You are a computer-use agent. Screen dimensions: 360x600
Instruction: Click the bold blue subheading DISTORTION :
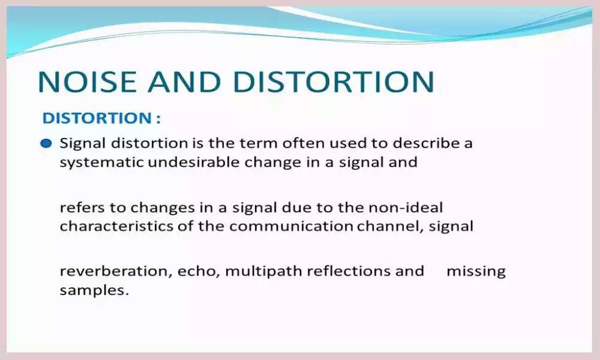click(x=101, y=118)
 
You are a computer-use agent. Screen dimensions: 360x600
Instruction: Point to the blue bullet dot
click(x=46, y=144)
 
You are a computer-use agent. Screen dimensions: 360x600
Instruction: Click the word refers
click(x=79, y=208)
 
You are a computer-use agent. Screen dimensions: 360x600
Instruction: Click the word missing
click(x=476, y=271)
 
